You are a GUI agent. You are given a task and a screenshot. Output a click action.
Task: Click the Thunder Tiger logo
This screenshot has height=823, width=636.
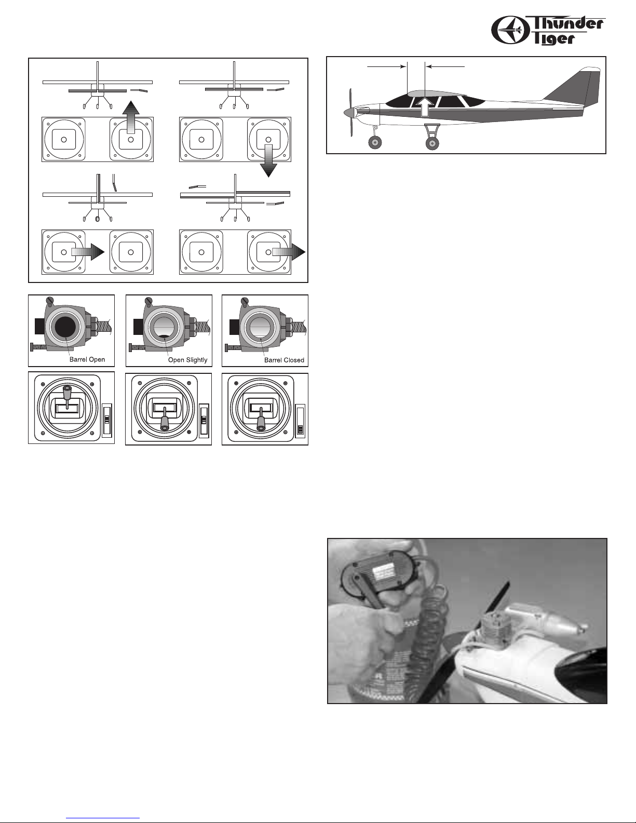coord(548,31)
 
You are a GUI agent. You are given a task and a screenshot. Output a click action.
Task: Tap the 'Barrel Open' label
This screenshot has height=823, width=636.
coord(87,359)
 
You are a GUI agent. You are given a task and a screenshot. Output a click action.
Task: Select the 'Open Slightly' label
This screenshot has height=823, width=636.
coord(188,359)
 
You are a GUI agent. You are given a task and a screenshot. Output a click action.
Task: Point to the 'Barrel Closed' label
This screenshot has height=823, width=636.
coord(285,360)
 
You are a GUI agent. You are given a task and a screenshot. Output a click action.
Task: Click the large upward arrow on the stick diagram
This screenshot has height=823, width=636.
coord(131,117)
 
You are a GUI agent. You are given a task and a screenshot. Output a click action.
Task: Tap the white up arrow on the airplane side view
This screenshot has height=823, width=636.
coord(425,106)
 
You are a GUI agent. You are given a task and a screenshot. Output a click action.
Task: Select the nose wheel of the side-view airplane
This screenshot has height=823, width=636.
coord(375,143)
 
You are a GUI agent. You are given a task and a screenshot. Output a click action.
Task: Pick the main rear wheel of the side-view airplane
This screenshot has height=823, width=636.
coord(432,143)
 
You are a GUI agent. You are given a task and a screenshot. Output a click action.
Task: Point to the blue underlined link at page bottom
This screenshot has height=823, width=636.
coord(103,816)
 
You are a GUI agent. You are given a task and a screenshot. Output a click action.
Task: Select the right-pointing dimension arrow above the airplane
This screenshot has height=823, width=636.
coord(386,66)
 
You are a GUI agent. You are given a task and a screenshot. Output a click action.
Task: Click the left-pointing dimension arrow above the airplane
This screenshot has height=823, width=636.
coord(445,66)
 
